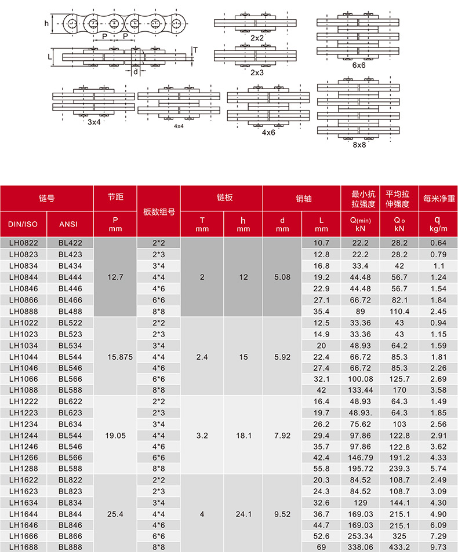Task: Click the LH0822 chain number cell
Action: pyautogui.click(x=24, y=242)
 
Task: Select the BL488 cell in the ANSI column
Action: pyautogui.click(x=71, y=311)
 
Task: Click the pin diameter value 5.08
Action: pyautogui.click(x=282, y=277)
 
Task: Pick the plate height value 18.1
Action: pyautogui.click(x=243, y=436)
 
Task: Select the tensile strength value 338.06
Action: pyautogui.click(x=360, y=546)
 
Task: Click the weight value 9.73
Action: pyautogui.click(x=438, y=546)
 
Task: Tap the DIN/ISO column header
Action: pyautogui.click(x=24, y=224)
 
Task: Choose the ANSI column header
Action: pyautogui.click(x=71, y=224)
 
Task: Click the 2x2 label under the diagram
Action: pyautogui.click(x=257, y=38)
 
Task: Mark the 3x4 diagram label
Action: pyautogui.click(x=94, y=122)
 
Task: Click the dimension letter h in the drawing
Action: pyautogui.click(x=46, y=24)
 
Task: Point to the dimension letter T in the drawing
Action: pyautogui.click(x=195, y=50)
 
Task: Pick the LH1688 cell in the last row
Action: pyautogui.click(x=24, y=546)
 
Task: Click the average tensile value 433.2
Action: pyautogui.click(x=398, y=546)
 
